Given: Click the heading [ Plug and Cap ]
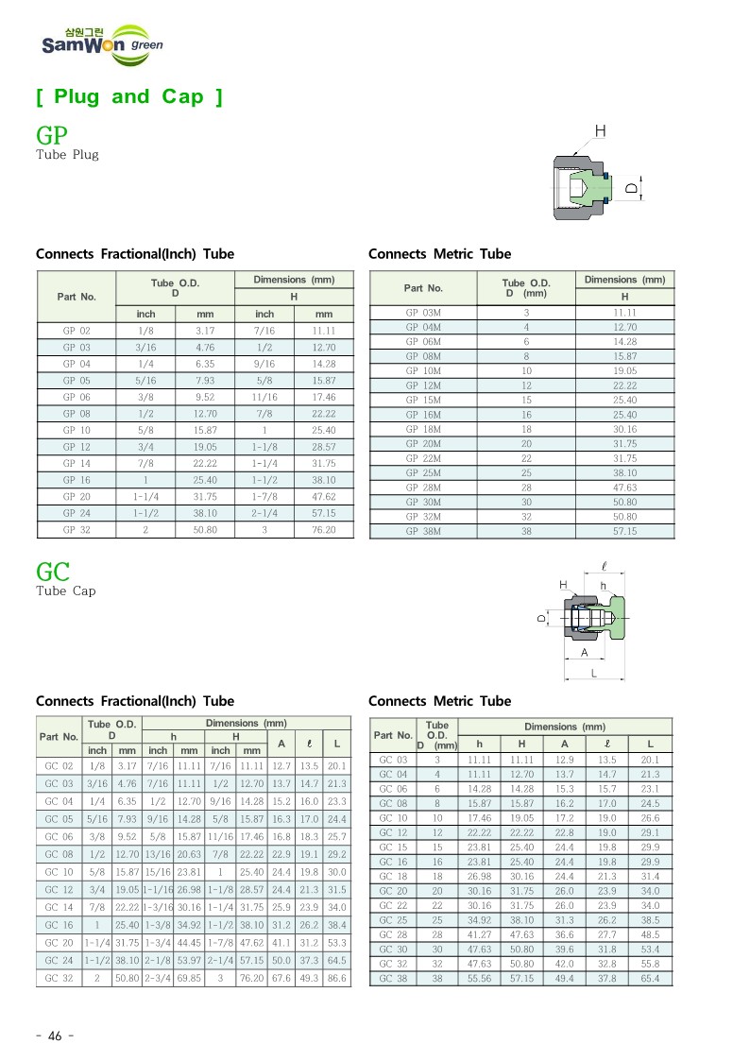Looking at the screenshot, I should pos(129,96).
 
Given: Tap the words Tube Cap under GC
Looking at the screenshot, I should pos(65,591).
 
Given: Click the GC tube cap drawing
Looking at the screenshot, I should pos(592,620).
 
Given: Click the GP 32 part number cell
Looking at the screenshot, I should pos(77,530).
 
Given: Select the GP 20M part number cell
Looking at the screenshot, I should pos(423,443).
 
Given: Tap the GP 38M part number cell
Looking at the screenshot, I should pos(423,532).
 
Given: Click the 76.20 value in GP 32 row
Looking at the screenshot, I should pos(323,530).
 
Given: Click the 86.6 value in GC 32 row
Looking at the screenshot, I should pos(336,977).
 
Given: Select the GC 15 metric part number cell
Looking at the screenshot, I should pos(393,847).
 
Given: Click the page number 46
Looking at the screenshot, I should pos(54,1036).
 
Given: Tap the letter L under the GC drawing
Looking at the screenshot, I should pos(593,674).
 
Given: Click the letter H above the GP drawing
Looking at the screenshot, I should pos(600,130).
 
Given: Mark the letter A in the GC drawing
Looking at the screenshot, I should pos(584,653).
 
